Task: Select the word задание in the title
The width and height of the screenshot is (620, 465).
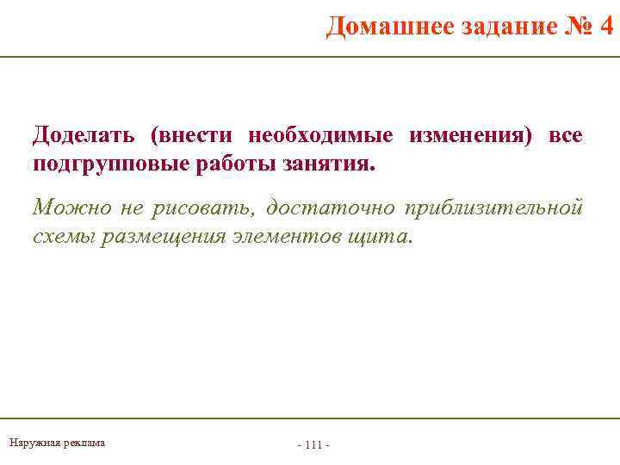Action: (495, 28)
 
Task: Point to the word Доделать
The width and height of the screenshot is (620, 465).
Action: (83, 136)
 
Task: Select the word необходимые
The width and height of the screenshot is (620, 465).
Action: (320, 136)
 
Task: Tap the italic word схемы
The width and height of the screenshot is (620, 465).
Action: (64, 236)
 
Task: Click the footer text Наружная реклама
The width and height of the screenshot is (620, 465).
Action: (57, 443)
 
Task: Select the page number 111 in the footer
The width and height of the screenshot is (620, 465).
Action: (313, 444)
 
